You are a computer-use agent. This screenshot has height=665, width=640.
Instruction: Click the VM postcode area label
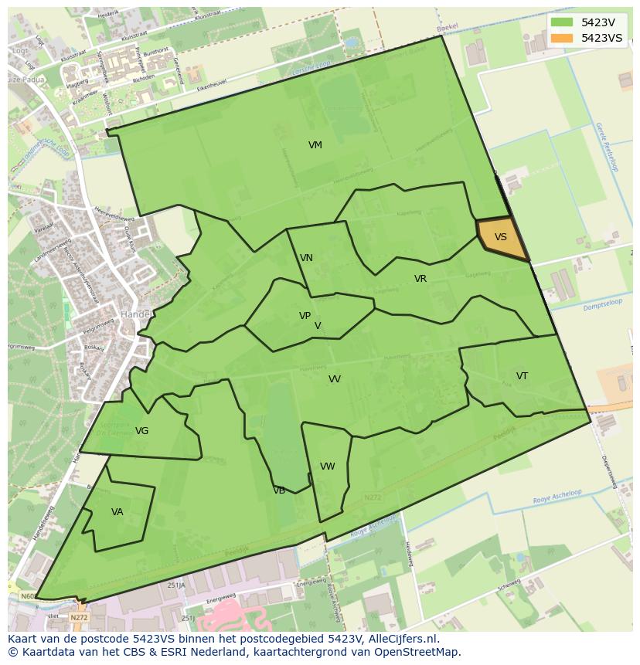point(315,145)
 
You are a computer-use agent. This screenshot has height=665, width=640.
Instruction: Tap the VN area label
point(306,258)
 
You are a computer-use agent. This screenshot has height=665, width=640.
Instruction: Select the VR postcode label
point(420,279)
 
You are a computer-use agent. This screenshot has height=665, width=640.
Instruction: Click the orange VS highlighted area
point(501,239)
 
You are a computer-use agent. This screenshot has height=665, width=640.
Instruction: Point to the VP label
point(305,316)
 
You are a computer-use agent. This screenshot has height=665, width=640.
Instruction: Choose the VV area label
point(335,379)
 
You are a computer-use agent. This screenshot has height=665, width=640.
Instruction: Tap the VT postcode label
point(522,376)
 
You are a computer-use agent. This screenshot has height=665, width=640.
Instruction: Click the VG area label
point(141,431)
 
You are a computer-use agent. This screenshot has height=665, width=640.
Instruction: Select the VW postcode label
point(327,467)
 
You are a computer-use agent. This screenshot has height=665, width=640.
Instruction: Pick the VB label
point(279,490)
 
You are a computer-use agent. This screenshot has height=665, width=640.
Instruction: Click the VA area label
point(117,512)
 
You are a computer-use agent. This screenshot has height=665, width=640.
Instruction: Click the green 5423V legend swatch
point(562,22)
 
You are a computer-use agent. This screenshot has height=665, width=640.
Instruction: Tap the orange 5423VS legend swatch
point(562,38)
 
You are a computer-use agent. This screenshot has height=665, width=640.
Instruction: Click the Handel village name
point(135,315)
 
